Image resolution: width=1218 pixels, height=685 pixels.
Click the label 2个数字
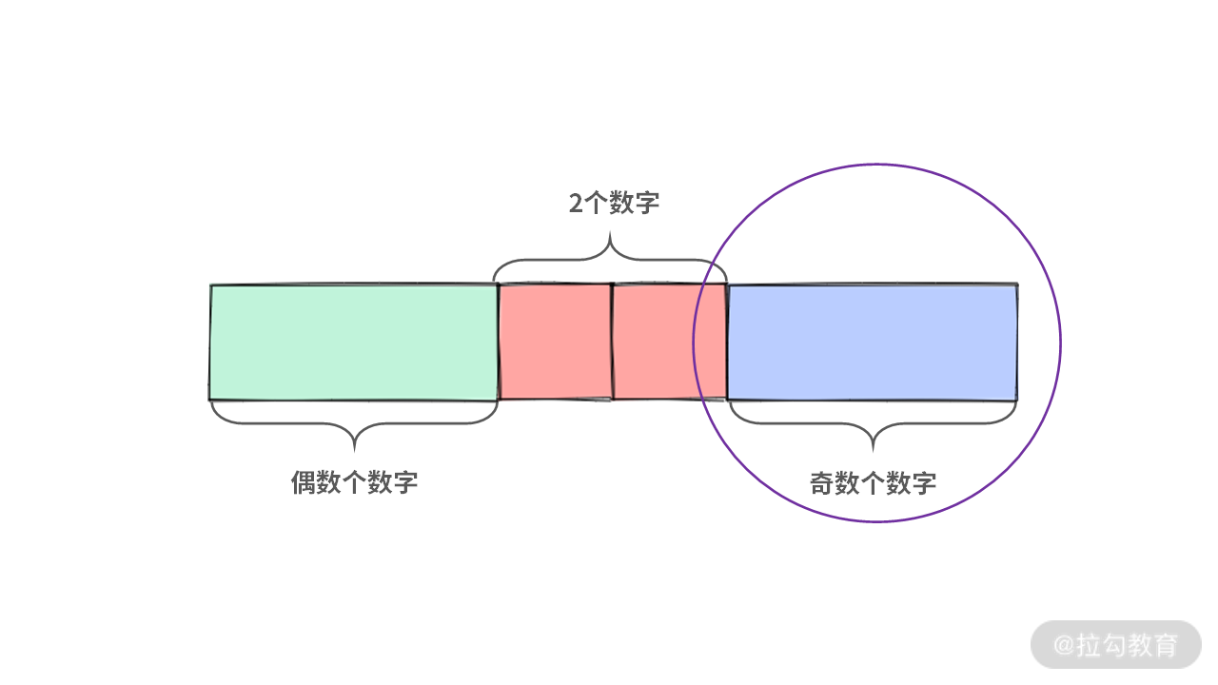(614, 203)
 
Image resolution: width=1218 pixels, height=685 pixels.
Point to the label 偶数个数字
(354, 482)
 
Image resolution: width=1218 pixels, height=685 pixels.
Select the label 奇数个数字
(873, 483)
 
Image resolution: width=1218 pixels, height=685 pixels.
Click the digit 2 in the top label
(577, 204)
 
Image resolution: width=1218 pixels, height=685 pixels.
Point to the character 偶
(303, 482)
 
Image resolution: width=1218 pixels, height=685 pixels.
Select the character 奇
(821, 483)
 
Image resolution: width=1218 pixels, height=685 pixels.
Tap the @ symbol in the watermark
(1064, 645)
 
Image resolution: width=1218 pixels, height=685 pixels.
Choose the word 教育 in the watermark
(1153, 645)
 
